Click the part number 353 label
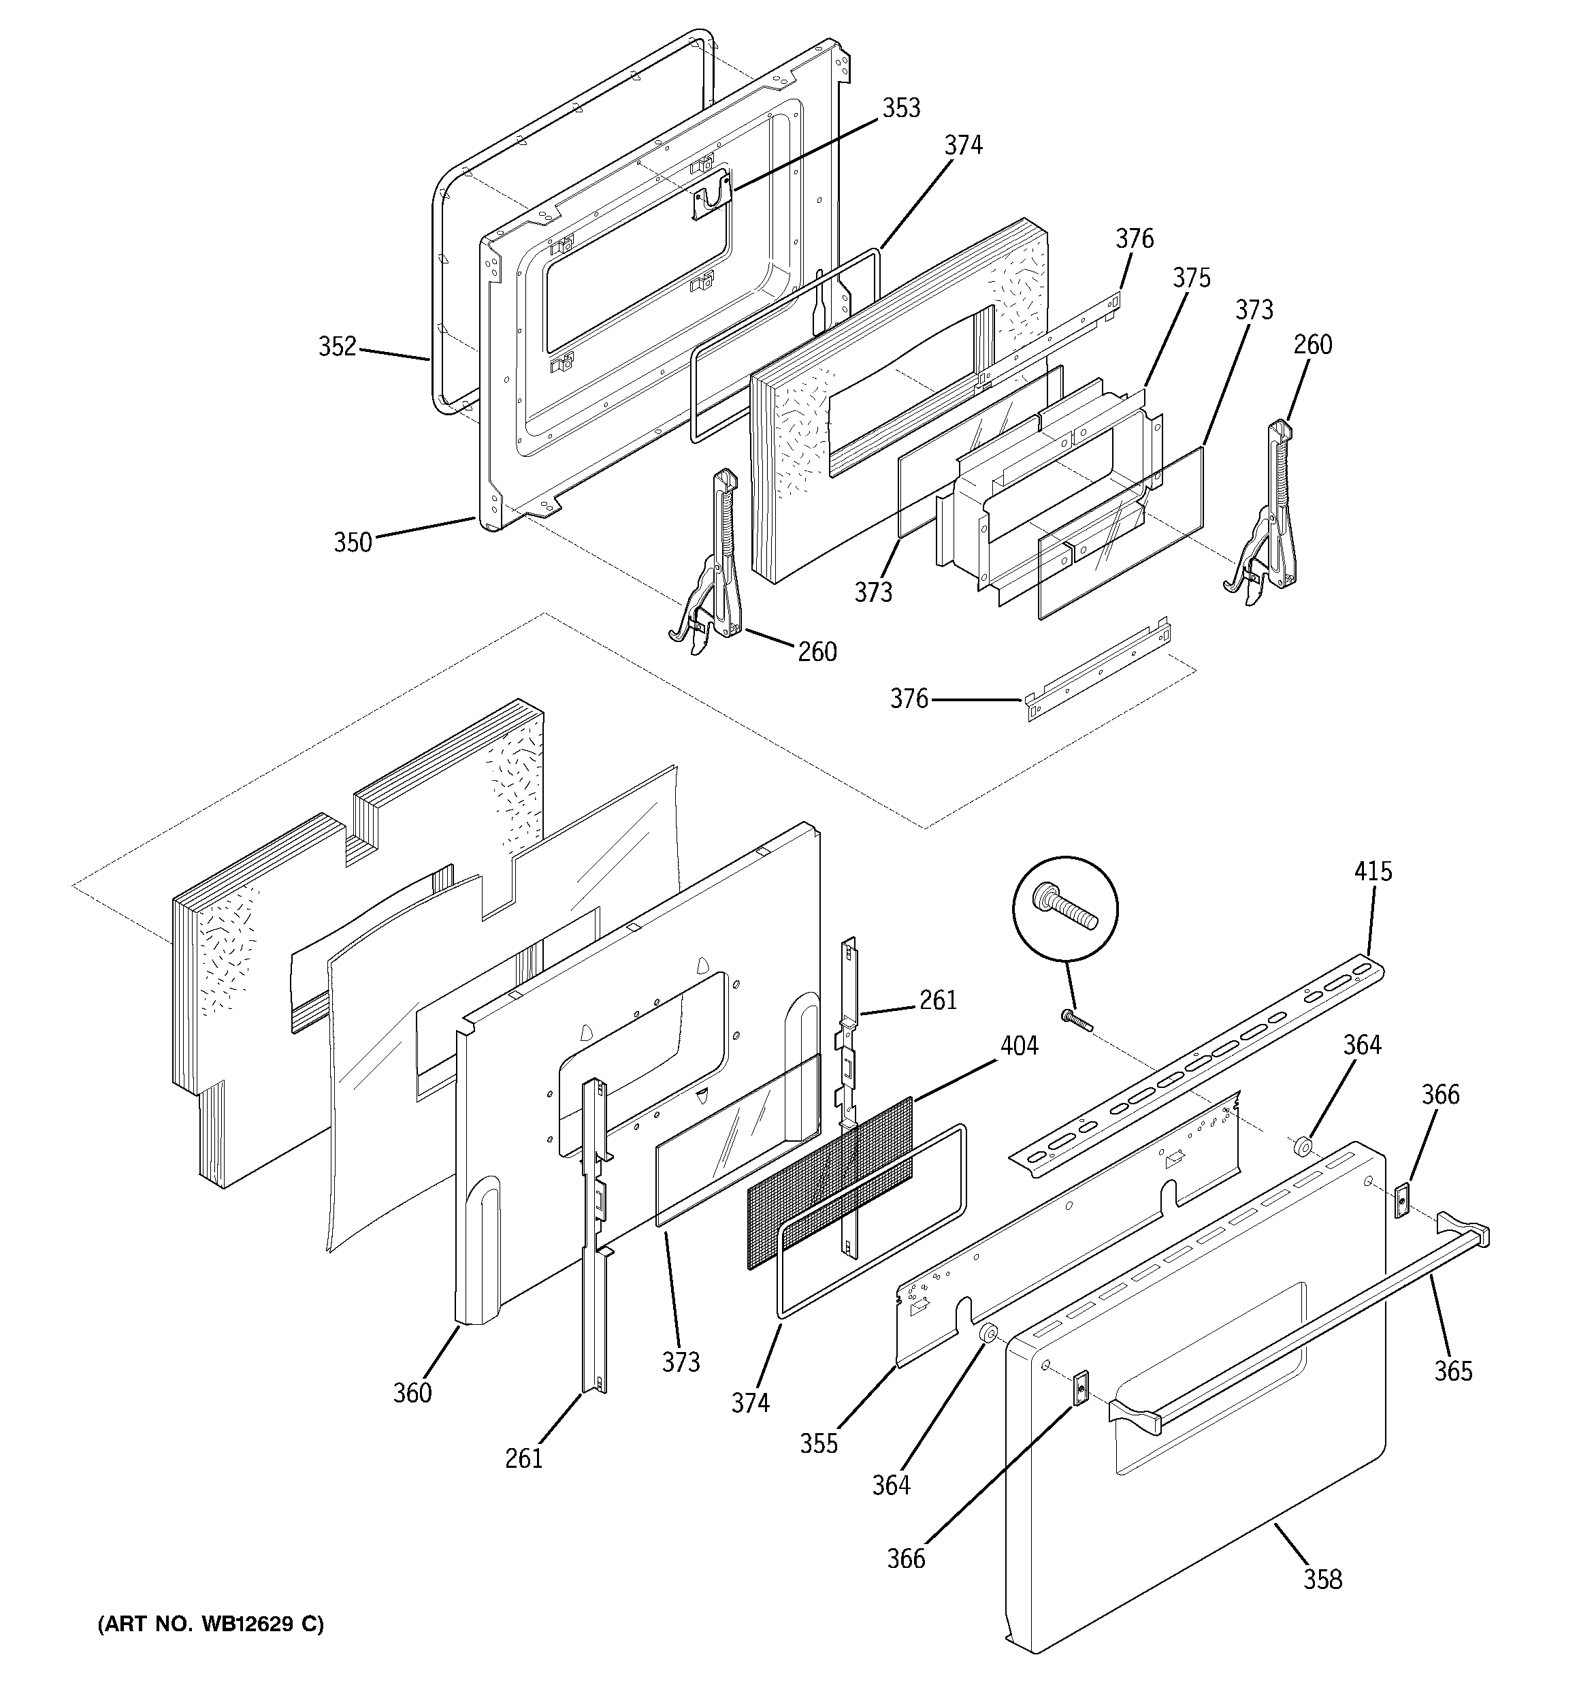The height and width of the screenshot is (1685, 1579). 901,108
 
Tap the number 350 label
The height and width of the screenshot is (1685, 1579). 353,542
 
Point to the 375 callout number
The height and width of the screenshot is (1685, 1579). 1192,278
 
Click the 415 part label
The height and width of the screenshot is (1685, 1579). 1373,871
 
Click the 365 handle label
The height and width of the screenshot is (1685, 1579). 1452,1371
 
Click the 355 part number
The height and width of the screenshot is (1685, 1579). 819,1444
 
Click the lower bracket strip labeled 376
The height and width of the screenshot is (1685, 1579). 1098,679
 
